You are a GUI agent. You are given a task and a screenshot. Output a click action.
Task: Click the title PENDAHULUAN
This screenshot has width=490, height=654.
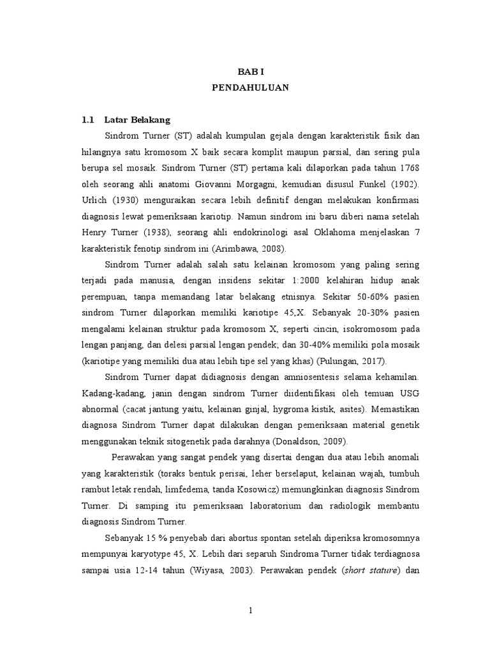[x=251, y=88]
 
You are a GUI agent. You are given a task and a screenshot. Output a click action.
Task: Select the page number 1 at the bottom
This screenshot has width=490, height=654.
[x=251, y=610]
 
